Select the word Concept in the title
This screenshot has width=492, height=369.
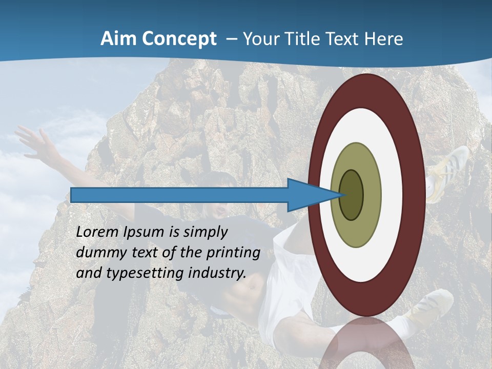click(179, 39)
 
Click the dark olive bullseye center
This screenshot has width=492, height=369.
click(352, 195)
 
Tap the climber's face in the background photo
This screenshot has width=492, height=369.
click(217, 205)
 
